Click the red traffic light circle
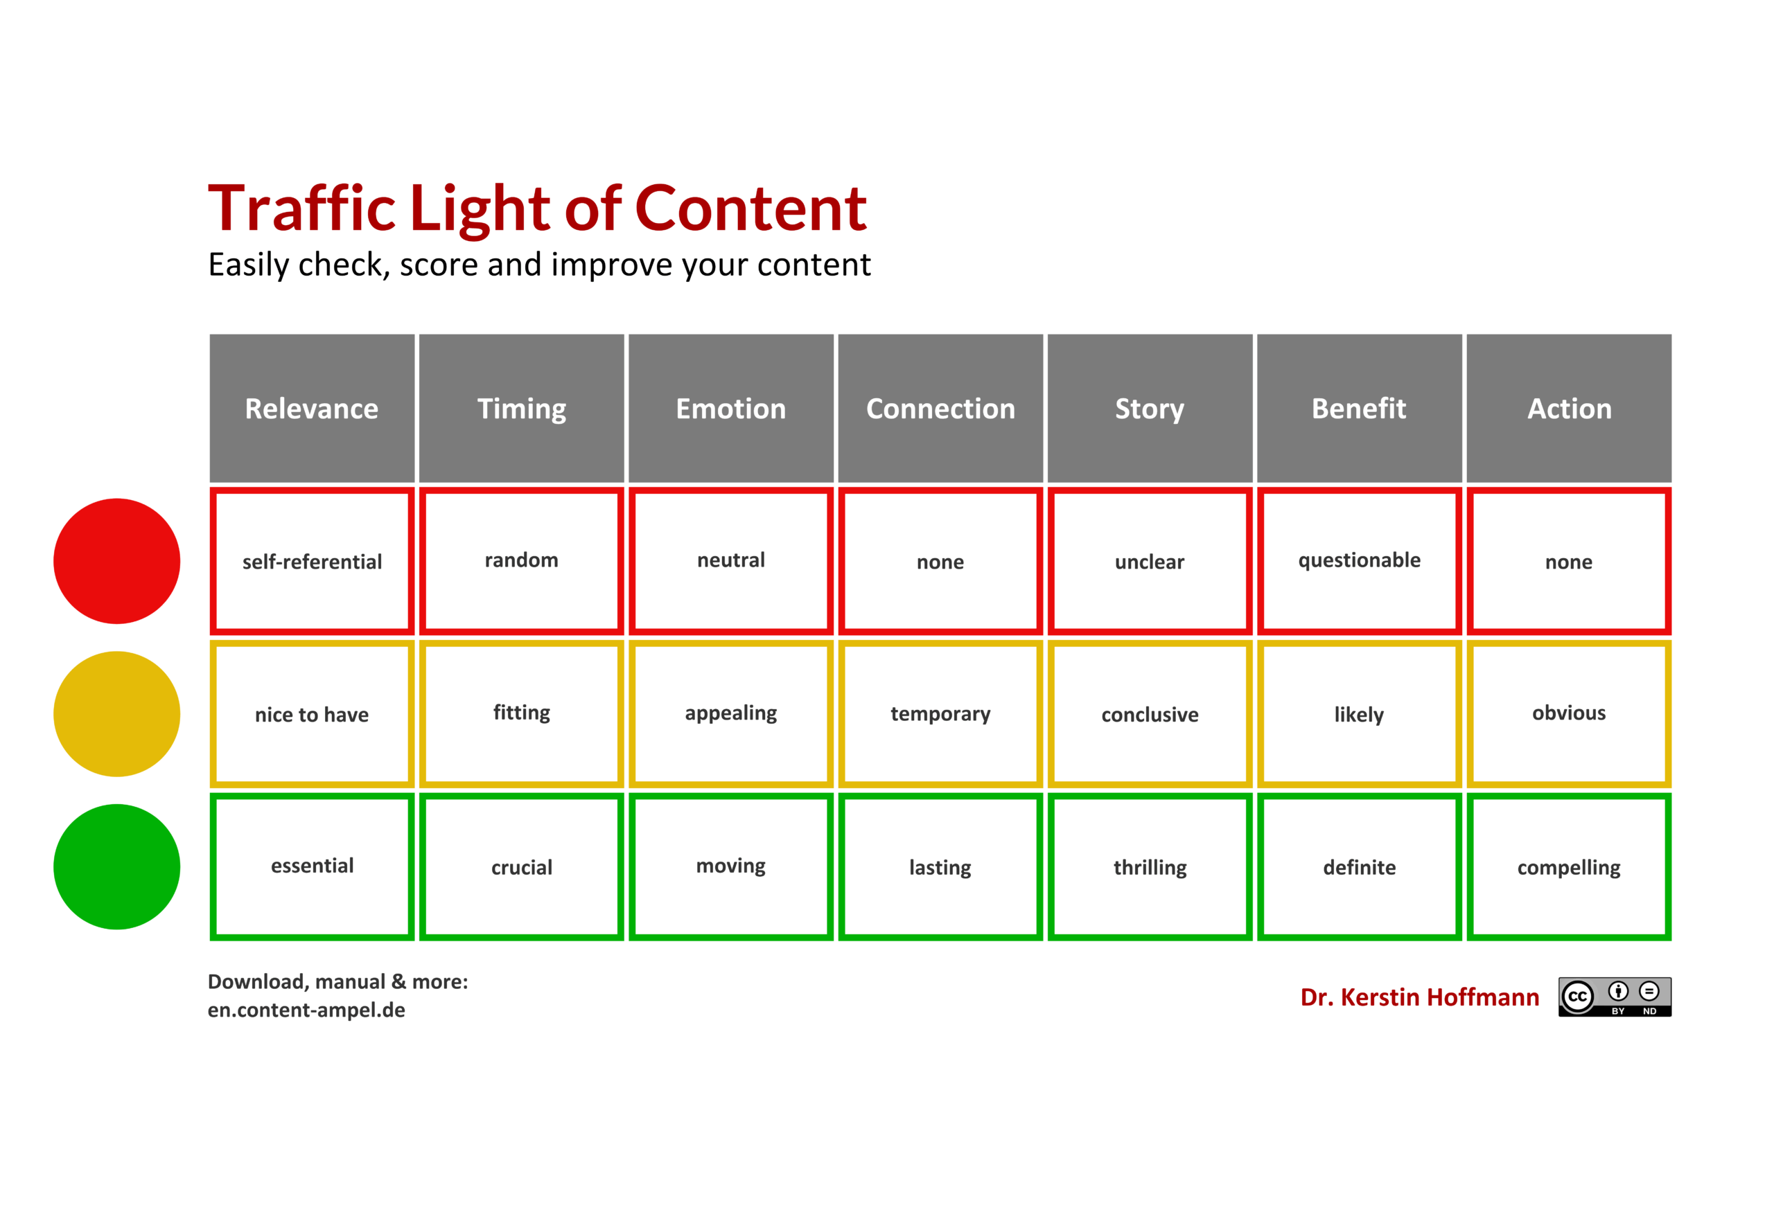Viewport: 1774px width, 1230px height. coord(116,561)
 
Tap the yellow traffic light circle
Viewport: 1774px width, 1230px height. coord(116,713)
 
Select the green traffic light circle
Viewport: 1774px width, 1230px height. coord(116,866)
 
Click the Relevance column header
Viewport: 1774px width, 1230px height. coord(313,408)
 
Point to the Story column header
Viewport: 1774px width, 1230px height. coord(1150,408)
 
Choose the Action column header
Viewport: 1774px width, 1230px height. coord(1569,408)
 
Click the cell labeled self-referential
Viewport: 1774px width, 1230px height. coord(313,561)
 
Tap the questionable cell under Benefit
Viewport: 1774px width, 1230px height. coord(1359,561)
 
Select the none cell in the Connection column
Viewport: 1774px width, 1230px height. coord(940,561)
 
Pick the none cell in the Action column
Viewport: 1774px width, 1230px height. coord(1569,561)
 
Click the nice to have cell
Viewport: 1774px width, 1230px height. coord(313,713)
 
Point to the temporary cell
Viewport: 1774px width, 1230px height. coord(940,713)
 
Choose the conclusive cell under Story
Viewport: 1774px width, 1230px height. coord(1150,713)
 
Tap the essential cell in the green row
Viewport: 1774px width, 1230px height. coord(313,866)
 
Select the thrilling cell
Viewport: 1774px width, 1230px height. coord(1150,866)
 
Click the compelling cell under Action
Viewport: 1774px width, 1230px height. coord(1569,866)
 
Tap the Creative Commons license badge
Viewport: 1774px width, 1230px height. coord(1615,997)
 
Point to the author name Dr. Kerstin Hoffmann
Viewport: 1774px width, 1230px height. coord(1419,997)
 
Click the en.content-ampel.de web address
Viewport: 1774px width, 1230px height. coord(306,1010)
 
